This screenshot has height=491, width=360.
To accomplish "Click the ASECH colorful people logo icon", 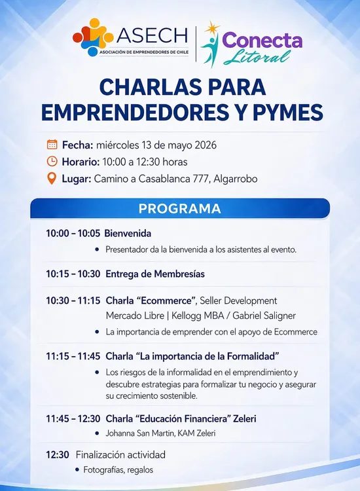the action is [93, 37].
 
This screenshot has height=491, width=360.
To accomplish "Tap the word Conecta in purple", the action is [262, 41].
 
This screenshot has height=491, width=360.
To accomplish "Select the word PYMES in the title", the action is [288, 112].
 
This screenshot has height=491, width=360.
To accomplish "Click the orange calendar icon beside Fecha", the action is [52, 145].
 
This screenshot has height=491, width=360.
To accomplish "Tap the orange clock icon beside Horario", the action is [52, 161].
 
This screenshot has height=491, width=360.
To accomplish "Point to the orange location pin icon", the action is [52, 179].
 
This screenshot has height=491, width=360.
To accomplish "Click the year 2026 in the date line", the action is [206, 145].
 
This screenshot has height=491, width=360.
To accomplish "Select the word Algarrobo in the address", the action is [236, 179].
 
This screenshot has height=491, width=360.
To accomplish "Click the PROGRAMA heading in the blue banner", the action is [180, 209].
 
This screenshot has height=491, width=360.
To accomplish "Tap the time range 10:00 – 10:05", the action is [73, 233].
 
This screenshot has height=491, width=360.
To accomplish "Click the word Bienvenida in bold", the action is [128, 233].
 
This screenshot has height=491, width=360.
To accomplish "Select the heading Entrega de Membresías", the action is [155, 274].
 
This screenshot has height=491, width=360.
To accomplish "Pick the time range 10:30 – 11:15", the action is [73, 300].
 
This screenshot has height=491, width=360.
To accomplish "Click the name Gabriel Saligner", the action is [264, 316].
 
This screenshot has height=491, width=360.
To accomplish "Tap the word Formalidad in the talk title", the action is [253, 356].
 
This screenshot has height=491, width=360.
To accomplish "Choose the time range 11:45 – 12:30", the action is [73, 418].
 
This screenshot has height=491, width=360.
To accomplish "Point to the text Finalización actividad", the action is [120, 454].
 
